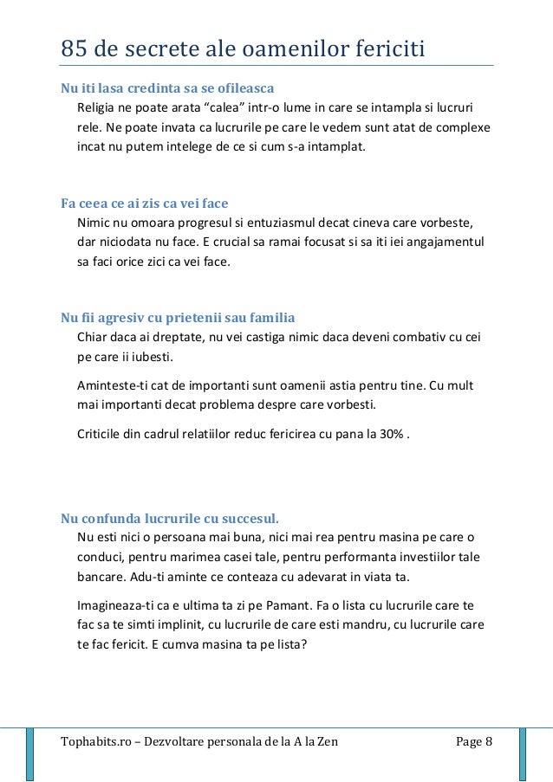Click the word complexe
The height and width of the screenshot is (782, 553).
[461, 126]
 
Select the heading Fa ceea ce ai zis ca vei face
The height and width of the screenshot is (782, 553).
[144, 204]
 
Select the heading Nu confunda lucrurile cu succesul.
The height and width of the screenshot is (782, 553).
[170, 518]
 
